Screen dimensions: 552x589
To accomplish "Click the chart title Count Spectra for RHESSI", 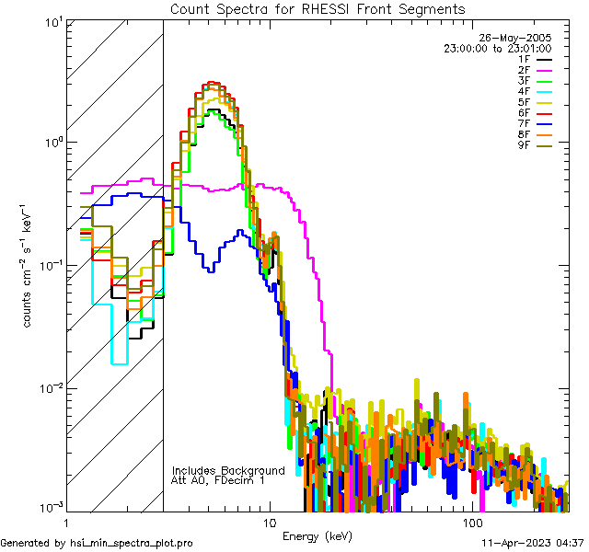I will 318,8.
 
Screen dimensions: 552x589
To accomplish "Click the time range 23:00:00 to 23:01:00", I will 497,49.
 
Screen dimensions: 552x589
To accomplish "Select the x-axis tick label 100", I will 472,523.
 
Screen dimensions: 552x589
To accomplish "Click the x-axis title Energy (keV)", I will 317,535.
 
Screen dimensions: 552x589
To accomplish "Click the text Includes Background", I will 228,470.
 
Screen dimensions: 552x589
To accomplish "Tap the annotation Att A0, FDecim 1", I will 218,480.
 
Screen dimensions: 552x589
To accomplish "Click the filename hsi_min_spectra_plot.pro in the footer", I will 132,544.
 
